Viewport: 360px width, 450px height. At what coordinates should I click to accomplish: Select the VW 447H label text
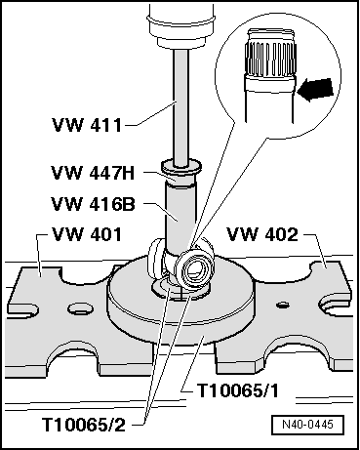93,173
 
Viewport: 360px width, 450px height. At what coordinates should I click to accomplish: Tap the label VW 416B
95,206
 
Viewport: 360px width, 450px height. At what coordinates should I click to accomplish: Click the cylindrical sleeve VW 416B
180,215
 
